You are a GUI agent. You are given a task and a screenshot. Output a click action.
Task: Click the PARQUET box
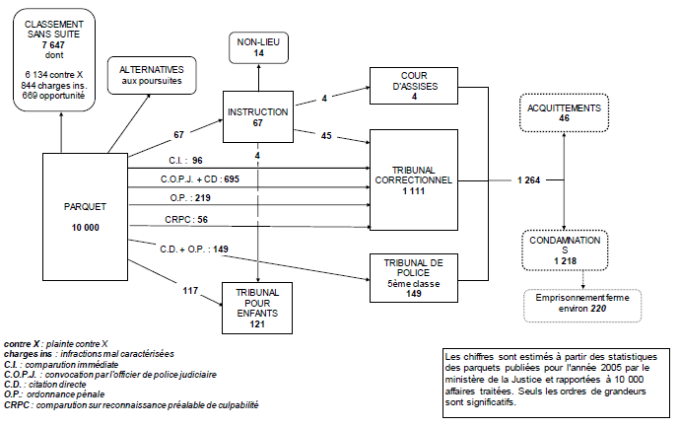point(86,216)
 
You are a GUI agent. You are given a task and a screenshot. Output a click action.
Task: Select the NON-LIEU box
point(258,46)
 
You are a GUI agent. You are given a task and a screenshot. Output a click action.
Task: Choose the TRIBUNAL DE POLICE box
point(414,276)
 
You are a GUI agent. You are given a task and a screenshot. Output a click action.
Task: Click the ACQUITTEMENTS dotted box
point(563,111)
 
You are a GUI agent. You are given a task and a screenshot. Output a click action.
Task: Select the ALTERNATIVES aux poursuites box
point(152,72)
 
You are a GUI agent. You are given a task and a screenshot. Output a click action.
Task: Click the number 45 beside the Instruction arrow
point(325,135)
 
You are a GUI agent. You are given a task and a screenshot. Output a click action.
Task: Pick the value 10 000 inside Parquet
point(86,229)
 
